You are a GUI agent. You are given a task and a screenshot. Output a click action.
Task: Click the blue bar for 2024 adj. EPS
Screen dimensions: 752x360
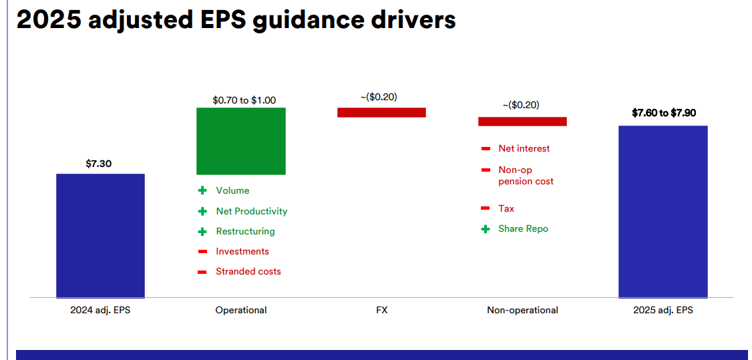(x=100, y=235)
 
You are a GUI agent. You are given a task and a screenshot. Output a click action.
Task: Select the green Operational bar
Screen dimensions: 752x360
(x=240, y=141)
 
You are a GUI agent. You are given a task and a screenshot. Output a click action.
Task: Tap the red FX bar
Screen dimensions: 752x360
(x=382, y=112)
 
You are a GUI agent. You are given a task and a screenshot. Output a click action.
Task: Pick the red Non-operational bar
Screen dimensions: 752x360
(x=522, y=122)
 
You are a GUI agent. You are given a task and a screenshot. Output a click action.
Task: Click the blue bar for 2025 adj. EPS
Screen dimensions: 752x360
(x=663, y=212)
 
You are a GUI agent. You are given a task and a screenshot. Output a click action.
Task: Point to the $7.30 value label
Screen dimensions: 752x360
(x=99, y=164)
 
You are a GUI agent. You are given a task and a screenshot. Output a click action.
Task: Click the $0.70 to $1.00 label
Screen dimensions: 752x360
(x=244, y=101)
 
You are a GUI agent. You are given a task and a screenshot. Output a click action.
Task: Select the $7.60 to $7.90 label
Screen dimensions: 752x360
(x=664, y=113)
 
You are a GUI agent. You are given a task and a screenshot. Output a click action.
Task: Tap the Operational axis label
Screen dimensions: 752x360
(x=240, y=310)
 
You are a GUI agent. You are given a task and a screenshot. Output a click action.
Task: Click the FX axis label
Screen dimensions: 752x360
(x=382, y=310)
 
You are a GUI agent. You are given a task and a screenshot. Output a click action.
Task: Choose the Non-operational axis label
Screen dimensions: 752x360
(x=522, y=310)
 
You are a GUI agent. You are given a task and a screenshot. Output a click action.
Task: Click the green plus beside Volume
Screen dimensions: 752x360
(x=202, y=191)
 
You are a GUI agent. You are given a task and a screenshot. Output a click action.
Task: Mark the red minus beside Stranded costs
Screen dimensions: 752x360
(x=202, y=273)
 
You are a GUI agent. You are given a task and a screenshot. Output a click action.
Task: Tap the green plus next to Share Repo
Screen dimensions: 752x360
(x=486, y=229)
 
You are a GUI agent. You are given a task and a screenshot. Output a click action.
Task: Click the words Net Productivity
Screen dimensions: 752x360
(x=252, y=212)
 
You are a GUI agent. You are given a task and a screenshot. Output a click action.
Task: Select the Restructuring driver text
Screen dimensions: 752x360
(x=246, y=232)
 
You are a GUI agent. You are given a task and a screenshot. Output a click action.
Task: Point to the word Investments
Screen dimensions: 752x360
(x=242, y=252)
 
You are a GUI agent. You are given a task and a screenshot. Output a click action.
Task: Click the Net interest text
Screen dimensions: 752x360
(x=524, y=148)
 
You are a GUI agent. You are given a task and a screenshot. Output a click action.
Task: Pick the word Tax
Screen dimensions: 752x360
(x=506, y=209)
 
